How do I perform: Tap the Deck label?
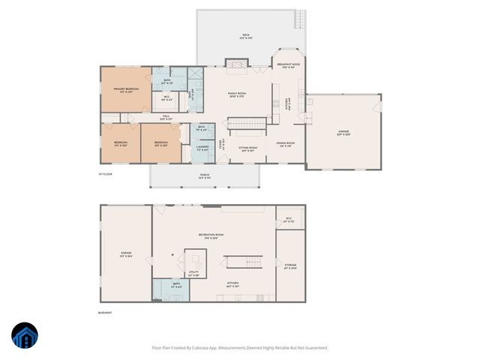(245, 36)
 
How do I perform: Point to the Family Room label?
(237, 94)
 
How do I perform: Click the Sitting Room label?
(247, 148)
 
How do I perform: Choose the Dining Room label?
(285, 144)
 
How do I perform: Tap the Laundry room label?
(201, 148)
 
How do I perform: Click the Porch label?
(204, 177)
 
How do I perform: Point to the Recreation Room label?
(211, 236)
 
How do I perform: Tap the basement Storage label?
(290, 266)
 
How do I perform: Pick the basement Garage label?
(126, 254)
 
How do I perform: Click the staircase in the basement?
(244, 262)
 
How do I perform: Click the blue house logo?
(25, 337)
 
